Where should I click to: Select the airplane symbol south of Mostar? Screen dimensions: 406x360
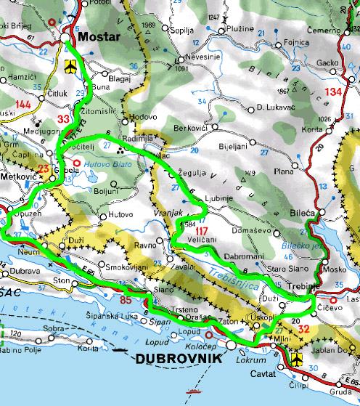(70, 68)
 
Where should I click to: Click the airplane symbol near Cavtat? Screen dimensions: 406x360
(299, 359)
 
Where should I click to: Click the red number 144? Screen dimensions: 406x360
(22, 105)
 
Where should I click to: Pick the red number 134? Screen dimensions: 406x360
(333, 92)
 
